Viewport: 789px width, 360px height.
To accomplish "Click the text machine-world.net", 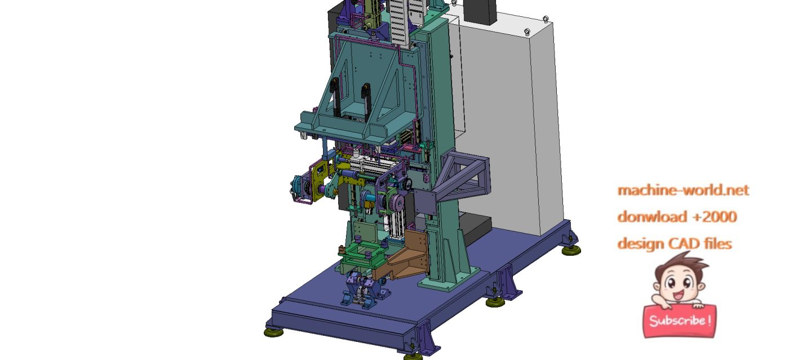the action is click(x=683, y=190).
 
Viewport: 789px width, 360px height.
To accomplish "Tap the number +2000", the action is click(x=715, y=217).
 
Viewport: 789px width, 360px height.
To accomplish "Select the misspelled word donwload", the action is click(x=653, y=217).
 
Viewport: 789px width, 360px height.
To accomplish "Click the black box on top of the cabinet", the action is click(x=480, y=12).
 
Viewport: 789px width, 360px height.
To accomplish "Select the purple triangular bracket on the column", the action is click(x=462, y=176).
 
